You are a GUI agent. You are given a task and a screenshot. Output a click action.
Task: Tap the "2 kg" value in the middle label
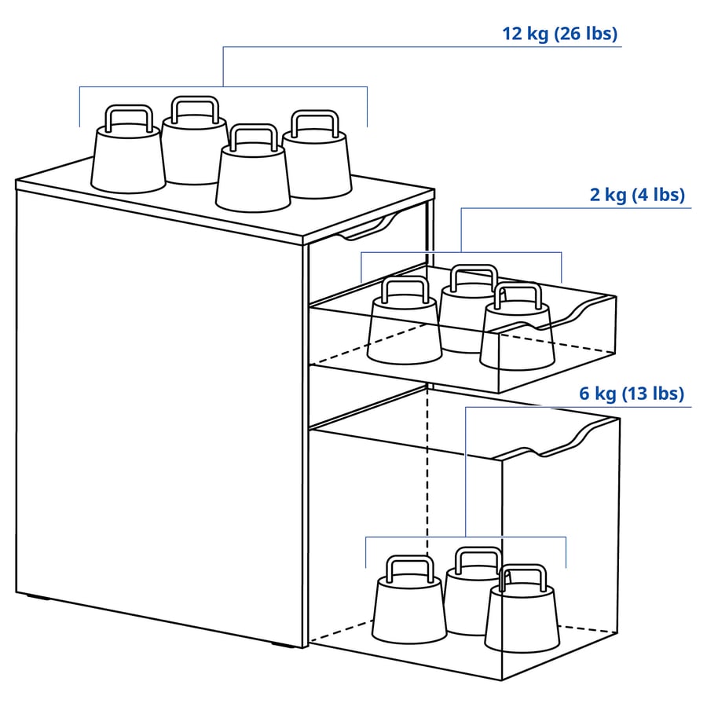point(608,195)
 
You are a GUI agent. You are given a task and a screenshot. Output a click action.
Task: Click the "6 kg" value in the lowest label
point(599,394)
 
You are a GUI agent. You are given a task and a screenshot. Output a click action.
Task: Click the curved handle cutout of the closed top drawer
point(366,231)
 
